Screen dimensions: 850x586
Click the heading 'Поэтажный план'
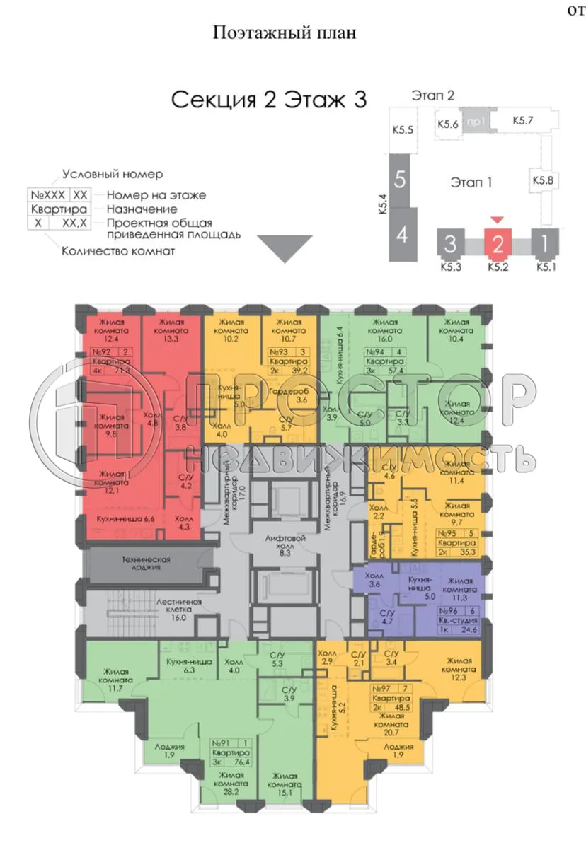(283, 33)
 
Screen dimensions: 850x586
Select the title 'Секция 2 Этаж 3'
(269, 100)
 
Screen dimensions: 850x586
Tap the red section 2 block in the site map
(498, 245)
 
